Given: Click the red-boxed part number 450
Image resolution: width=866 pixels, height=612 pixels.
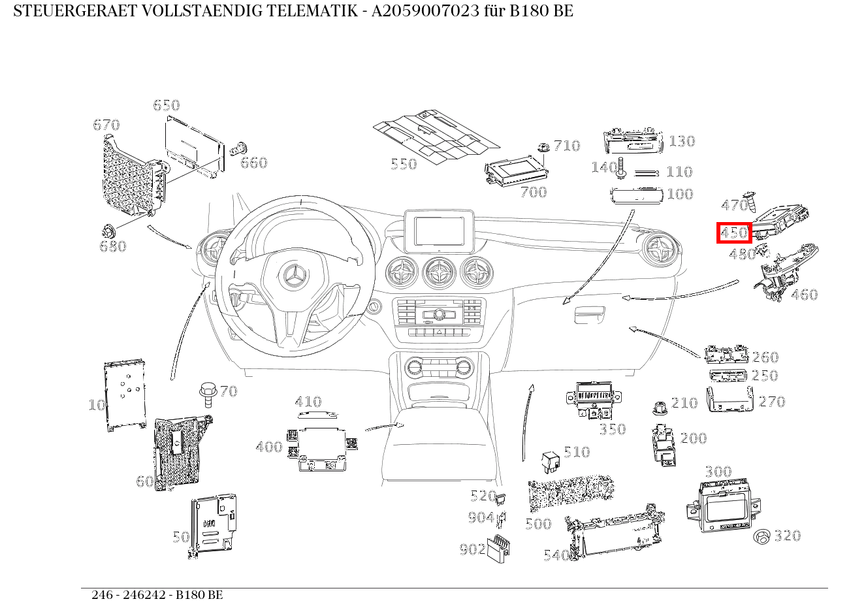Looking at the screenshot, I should pos(734,233).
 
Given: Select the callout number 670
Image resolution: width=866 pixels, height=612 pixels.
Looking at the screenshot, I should pos(106,125).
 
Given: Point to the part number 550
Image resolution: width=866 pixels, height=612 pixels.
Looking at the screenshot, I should pos(404,164).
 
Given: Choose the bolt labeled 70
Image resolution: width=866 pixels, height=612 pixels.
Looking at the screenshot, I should pos(208,393).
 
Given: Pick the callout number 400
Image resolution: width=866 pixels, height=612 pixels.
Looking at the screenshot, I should pos(269,447).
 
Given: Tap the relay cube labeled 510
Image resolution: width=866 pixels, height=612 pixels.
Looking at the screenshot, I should pos(549,461).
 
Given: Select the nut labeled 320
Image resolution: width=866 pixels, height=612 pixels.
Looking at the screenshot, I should pos(762,537).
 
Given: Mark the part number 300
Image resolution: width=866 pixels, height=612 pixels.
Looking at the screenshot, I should pos(718,472).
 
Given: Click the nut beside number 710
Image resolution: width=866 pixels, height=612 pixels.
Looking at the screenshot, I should pos(543,147).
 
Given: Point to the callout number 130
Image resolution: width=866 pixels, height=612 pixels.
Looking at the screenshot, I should pos(682,141).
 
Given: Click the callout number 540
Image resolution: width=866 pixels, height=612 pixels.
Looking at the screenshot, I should pos(556,555).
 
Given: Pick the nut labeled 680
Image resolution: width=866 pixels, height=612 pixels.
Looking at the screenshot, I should pos(108,231).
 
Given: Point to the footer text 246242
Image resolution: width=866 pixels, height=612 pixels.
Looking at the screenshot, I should pos(148,595).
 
